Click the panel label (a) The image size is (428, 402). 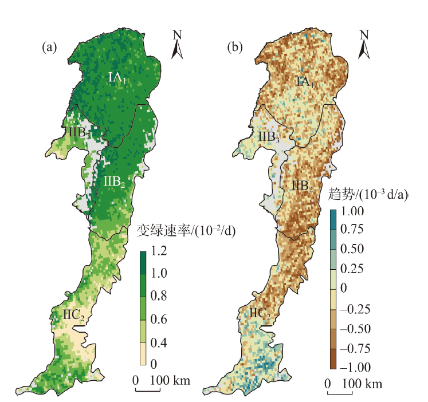pyautogui.click(x=49, y=48)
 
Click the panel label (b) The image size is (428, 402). pyautogui.click(x=235, y=48)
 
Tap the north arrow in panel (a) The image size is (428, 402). pyautogui.click(x=178, y=45)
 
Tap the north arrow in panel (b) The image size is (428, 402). pyautogui.click(x=364, y=45)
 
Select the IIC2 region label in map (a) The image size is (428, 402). pyautogui.click(x=74, y=314)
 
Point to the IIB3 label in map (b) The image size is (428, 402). pyautogui.click(x=268, y=137)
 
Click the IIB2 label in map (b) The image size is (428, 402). pyautogui.click(x=302, y=186)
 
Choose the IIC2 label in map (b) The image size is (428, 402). pyautogui.click(x=261, y=313)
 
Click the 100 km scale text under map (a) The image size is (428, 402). pyautogui.click(x=170, y=380)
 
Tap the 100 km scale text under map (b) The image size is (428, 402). pyautogui.click(x=362, y=383)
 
